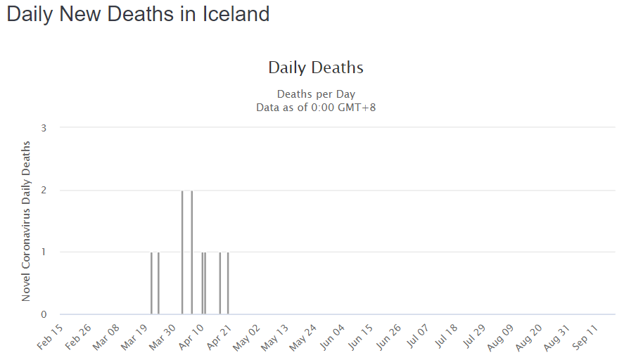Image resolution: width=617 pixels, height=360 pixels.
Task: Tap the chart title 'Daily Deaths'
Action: [316, 67]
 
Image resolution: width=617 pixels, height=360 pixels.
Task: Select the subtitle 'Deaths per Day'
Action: [316, 94]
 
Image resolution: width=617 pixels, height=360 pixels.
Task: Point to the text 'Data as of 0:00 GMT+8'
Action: [316, 107]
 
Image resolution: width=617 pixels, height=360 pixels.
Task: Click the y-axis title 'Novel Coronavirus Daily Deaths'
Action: [26, 221]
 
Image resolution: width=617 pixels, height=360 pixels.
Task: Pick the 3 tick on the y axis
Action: [44, 128]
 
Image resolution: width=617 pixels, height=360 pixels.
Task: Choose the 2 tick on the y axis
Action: [44, 190]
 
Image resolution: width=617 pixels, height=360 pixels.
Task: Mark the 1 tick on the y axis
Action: [44, 252]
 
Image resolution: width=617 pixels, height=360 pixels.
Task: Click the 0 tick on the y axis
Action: [44, 314]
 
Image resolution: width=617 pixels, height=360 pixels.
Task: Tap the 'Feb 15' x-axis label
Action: [49, 337]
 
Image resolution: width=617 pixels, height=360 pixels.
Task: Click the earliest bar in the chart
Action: [151, 283]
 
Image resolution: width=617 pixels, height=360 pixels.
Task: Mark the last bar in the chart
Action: [228, 283]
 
